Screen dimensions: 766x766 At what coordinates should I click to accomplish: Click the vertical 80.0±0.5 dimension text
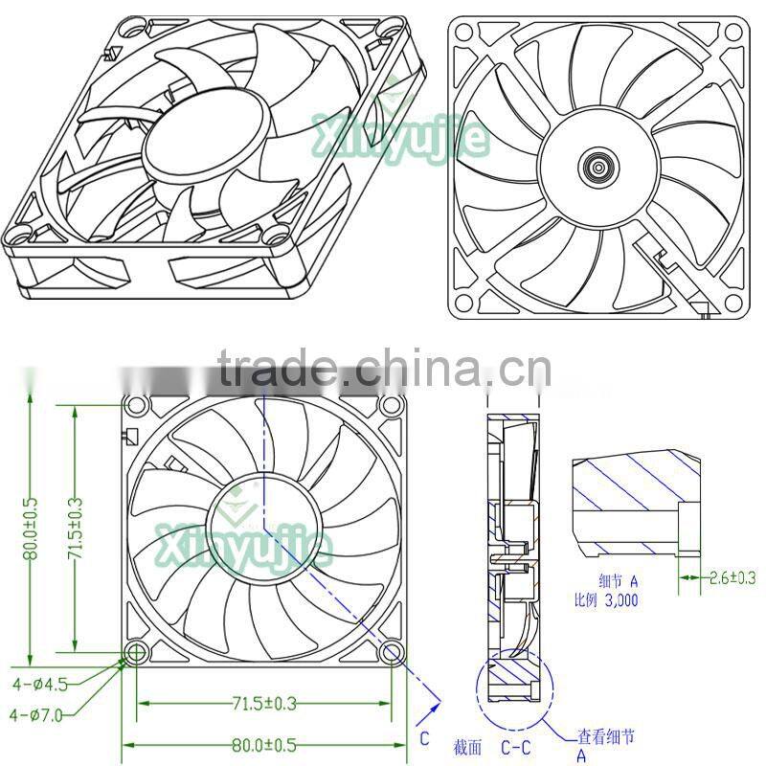pos(32,529)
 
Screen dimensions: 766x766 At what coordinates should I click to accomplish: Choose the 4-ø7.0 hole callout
pos(38,713)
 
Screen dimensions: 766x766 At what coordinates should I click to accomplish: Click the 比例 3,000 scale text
pos(605,600)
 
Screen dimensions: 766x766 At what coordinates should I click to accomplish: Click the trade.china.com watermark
pos(383,367)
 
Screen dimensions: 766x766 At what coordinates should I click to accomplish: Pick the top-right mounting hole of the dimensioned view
pos(391,405)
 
